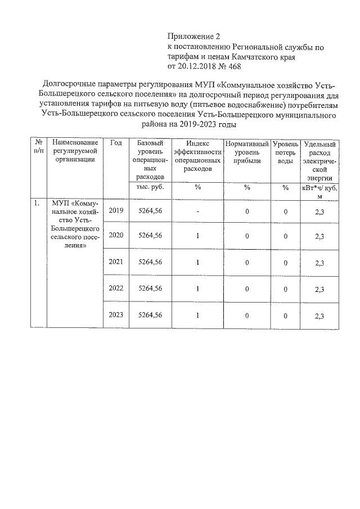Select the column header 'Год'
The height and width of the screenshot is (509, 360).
[116, 143]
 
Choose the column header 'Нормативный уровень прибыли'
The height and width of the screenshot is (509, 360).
[246, 152]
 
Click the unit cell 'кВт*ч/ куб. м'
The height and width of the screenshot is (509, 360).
[319, 192]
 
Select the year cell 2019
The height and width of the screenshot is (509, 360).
[116, 211]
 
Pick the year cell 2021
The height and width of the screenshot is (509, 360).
[116, 262]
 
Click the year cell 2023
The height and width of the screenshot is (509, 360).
[116, 315]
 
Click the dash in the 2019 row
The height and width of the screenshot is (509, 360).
[198, 211]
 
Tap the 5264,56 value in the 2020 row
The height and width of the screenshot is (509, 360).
[150, 236]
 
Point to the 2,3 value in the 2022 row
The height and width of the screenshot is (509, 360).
[319, 289]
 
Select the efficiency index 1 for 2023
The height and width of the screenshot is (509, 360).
[198, 315]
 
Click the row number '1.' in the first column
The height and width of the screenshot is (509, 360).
[37, 204]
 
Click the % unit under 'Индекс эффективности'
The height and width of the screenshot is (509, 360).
[198, 187]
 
